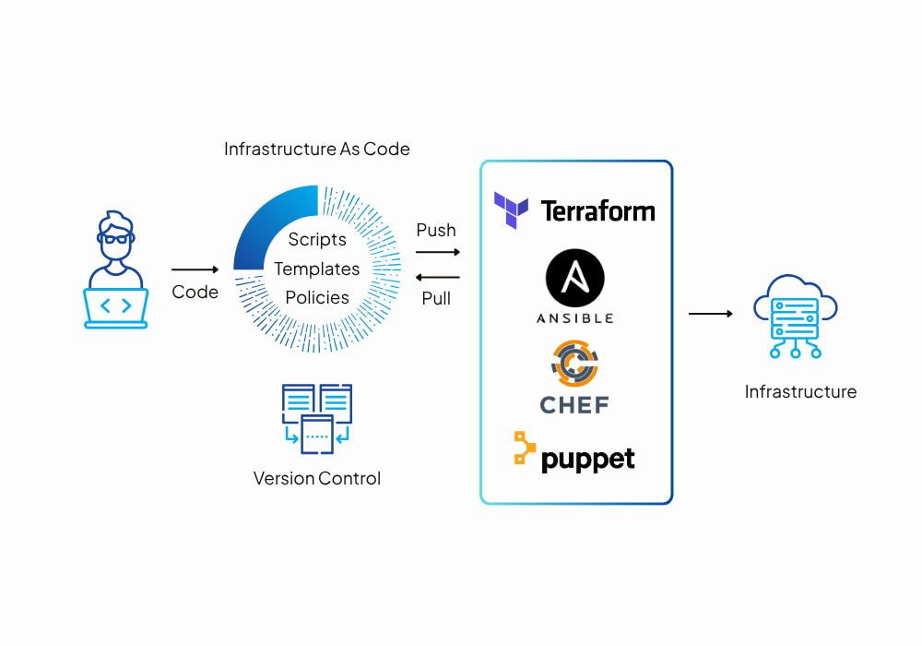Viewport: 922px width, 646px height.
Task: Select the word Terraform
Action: pyautogui.click(x=597, y=211)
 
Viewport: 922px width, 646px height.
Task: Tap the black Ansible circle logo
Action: pyautogui.click(x=575, y=279)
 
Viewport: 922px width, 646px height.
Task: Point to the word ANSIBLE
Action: pyautogui.click(x=575, y=318)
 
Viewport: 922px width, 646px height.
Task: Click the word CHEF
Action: pyautogui.click(x=574, y=404)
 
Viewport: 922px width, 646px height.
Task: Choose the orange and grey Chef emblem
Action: pyautogui.click(x=574, y=364)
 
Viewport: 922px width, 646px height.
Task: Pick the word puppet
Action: pyautogui.click(x=588, y=459)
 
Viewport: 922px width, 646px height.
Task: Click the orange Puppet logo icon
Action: pyautogui.click(x=524, y=449)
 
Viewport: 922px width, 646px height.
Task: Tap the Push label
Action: pyautogui.click(x=436, y=230)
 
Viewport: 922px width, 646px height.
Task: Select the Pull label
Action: pyautogui.click(x=436, y=298)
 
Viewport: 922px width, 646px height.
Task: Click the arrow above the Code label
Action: pyautogui.click(x=195, y=269)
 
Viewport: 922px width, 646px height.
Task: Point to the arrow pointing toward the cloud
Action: pyautogui.click(x=710, y=314)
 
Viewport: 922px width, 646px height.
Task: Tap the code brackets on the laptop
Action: pyautogui.click(x=115, y=305)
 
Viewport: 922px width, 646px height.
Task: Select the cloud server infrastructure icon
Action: pyautogui.click(x=794, y=314)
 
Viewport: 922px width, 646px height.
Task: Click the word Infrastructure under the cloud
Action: pyautogui.click(x=800, y=391)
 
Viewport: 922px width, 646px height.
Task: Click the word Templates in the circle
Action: pyautogui.click(x=317, y=269)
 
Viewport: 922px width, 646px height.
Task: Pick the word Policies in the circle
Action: pyautogui.click(x=317, y=297)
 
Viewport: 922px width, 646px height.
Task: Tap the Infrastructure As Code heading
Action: pyautogui.click(x=317, y=149)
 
